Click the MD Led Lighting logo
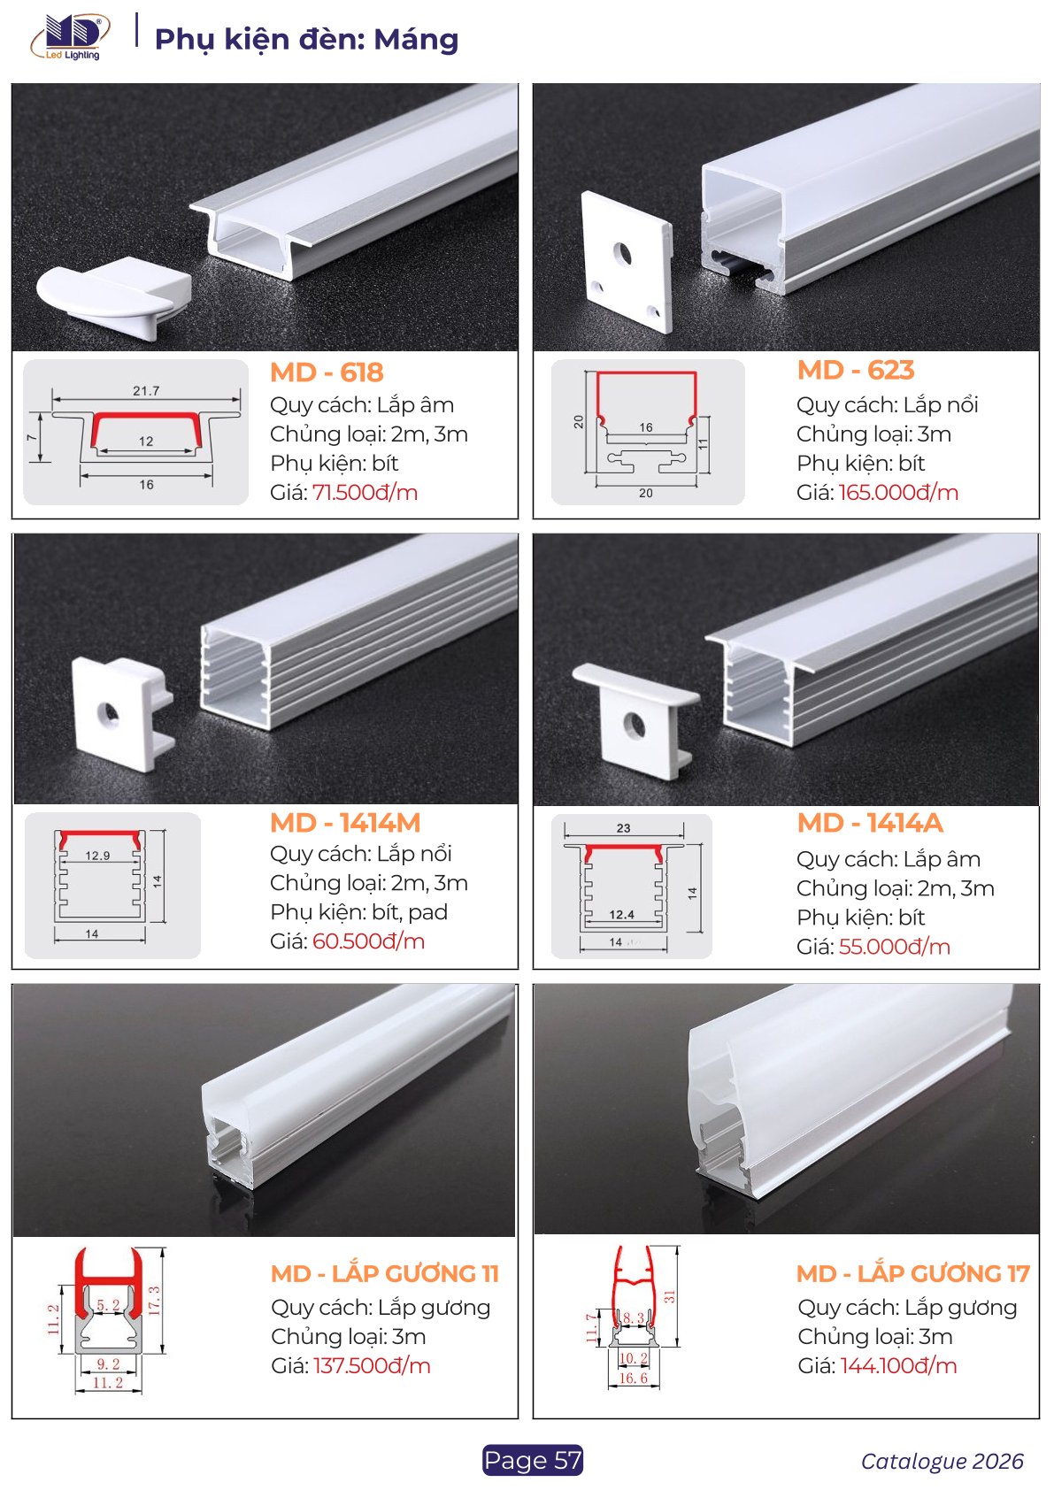(x=70, y=38)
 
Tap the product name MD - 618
(x=327, y=372)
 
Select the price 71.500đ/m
(x=365, y=492)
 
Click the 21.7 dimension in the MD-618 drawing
(x=146, y=390)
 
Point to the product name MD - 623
(x=856, y=370)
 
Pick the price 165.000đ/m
(x=898, y=492)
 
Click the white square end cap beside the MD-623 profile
(x=626, y=261)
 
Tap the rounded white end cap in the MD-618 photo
(x=114, y=297)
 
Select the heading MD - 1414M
(x=345, y=823)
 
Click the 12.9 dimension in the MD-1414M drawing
(x=97, y=856)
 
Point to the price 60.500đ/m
(x=368, y=941)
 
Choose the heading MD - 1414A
(x=870, y=823)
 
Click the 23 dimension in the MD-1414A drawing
(x=623, y=828)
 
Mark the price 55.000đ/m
(x=895, y=947)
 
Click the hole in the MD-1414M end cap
(x=107, y=712)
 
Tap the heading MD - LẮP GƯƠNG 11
(x=385, y=1274)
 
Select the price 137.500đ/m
(x=372, y=1365)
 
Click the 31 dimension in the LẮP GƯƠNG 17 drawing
(x=669, y=1295)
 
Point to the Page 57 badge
(x=533, y=1460)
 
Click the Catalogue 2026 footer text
(x=942, y=1461)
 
